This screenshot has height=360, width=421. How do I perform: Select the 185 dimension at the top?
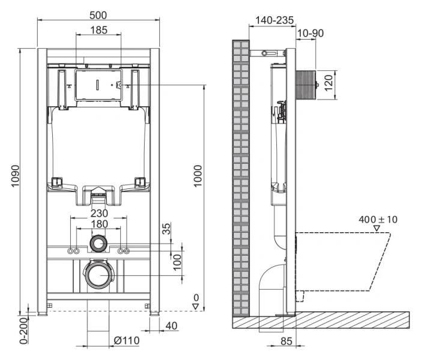click(x=99, y=30)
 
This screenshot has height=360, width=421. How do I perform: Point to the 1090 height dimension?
click(x=14, y=178)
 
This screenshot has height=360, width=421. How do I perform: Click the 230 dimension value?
click(x=99, y=213)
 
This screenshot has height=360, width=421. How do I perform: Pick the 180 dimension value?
click(x=99, y=224)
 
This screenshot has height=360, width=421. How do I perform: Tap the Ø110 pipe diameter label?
click(x=127, y=341)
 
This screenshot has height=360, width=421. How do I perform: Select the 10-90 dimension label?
click(x=310, y=33)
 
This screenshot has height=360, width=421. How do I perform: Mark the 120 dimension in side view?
click(x=329, y=82)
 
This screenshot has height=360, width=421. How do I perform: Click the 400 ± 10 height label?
click(x=378, y=220)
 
